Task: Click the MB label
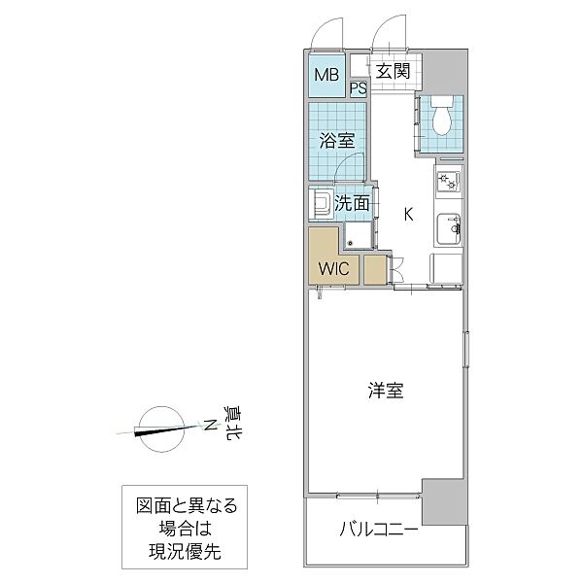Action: pyautogui.click(x=325, y=75)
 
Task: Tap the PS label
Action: pyautogui.click(x=358, y=89)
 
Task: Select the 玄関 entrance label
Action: pyautogui.click(x=393, y=71)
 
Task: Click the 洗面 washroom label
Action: pyautogui.click(x=352, y=203)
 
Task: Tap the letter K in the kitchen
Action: pyautogui.click(x=408, y=215)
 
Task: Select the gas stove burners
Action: pyautogui.click(x=448, y=182)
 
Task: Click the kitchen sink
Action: pyautogui.click(x=449, y=229)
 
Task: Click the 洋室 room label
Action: pyautogui.click(x=386, y=391)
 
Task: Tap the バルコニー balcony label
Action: pyautogui.click(x=379, y=531)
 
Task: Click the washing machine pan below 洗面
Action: pyautogui.click(x=357, y=236)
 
